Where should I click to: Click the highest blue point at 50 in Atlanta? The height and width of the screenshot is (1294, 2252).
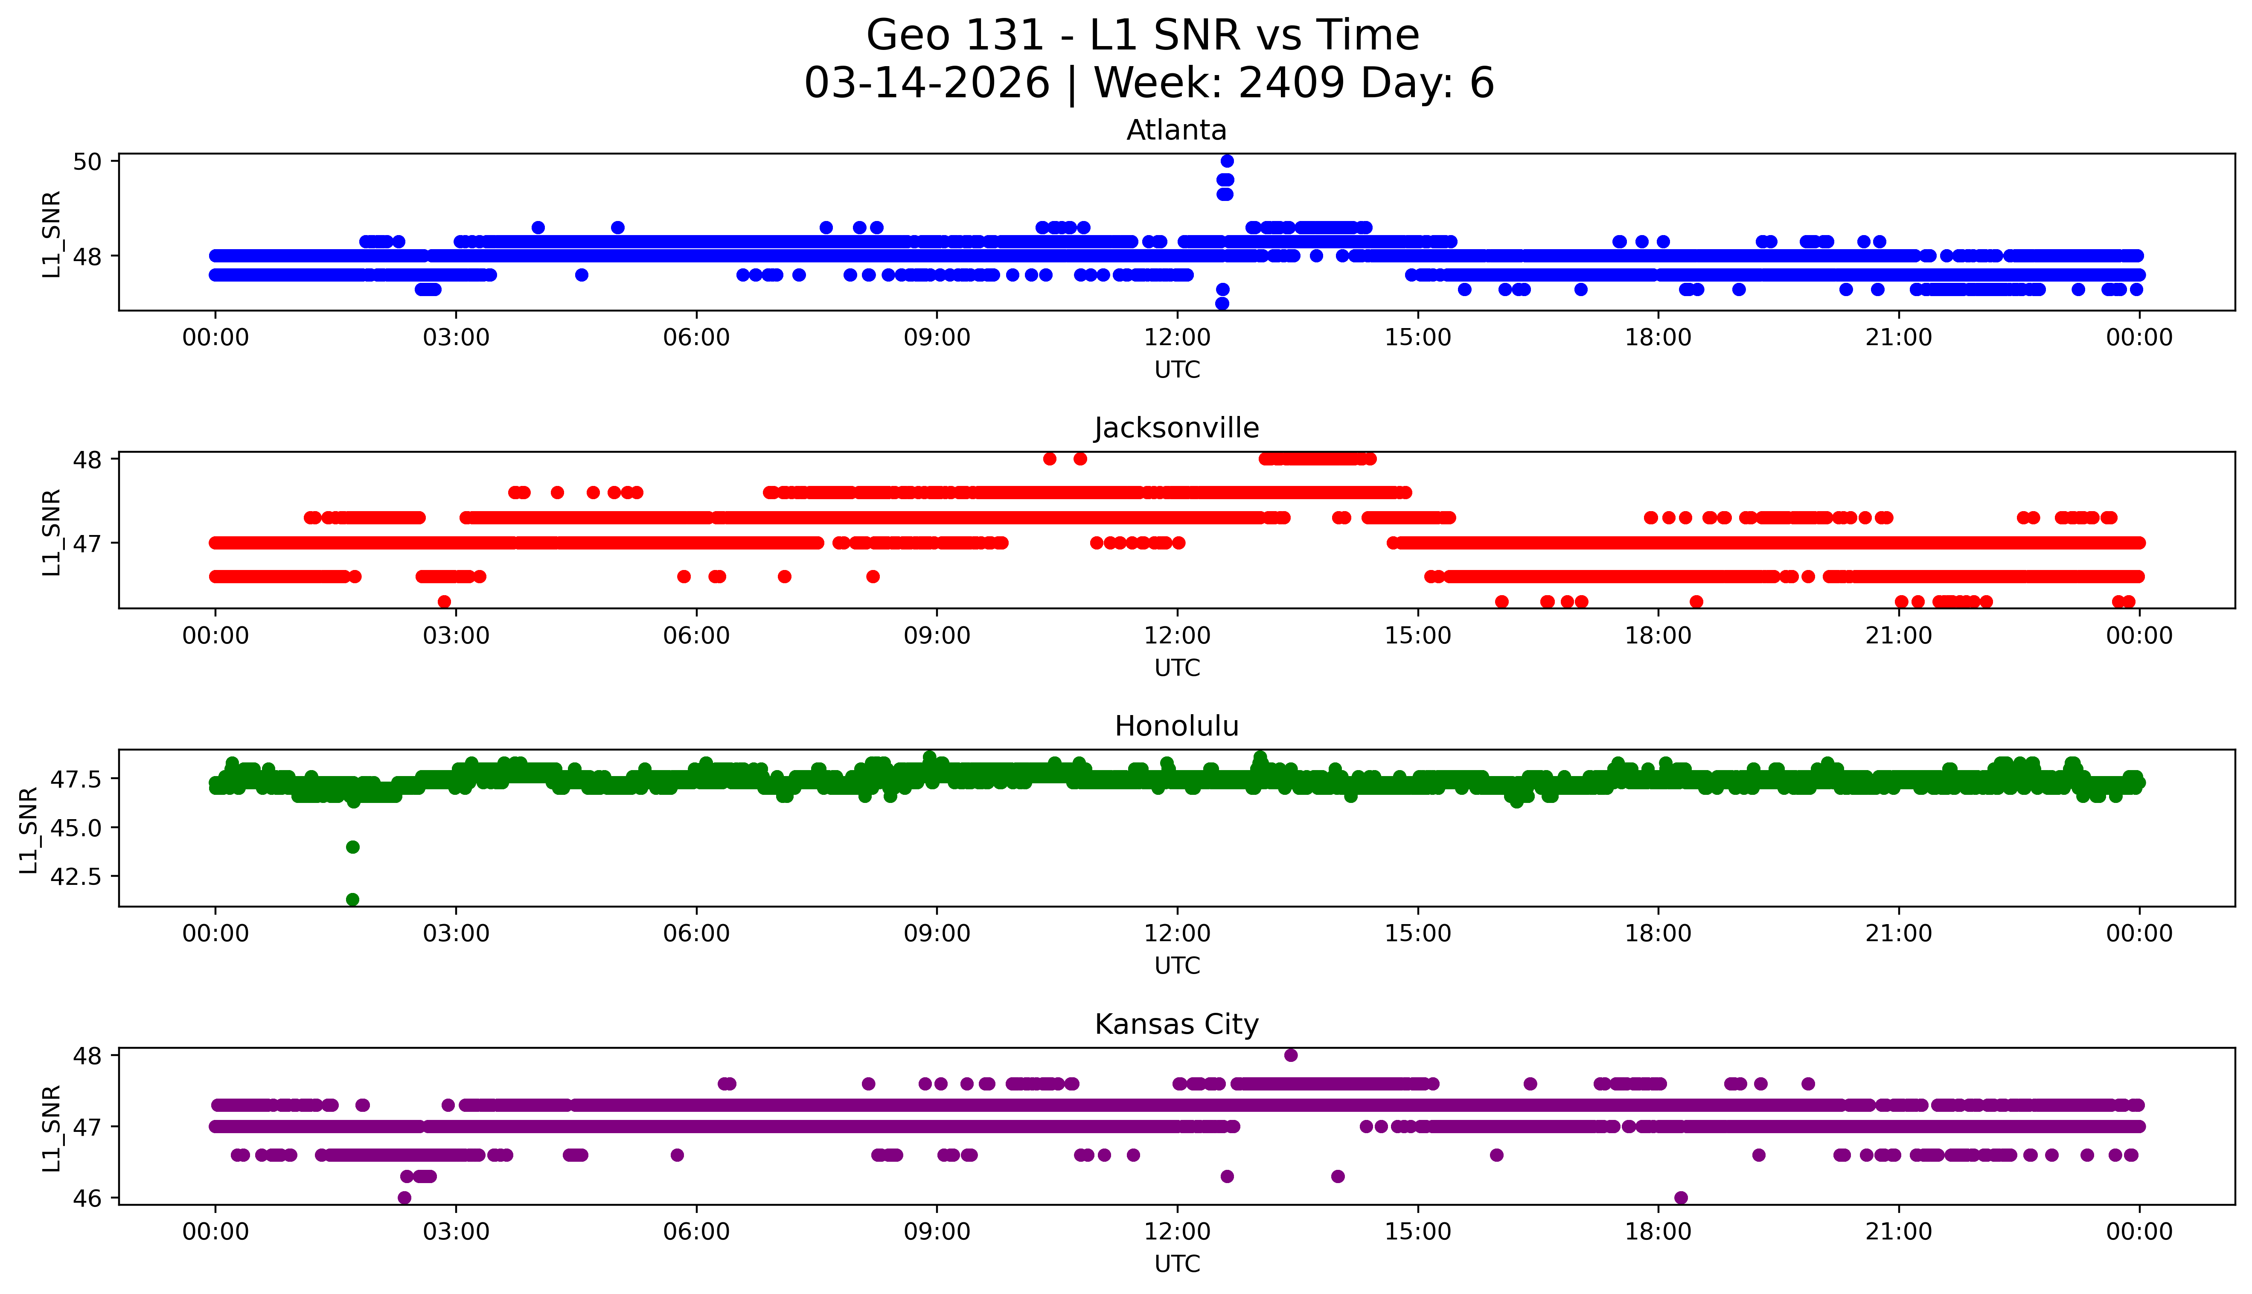click(x=1226, y=161)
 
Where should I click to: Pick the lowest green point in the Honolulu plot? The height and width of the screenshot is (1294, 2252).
click(x=352, y=899)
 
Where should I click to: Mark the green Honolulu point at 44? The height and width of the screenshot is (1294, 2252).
click(x=352, y=847)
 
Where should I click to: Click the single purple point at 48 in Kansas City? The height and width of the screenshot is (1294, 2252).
click(x=1290, y=1055)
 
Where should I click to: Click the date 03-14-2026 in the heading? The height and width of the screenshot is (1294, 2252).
click(x=927, y=84)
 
